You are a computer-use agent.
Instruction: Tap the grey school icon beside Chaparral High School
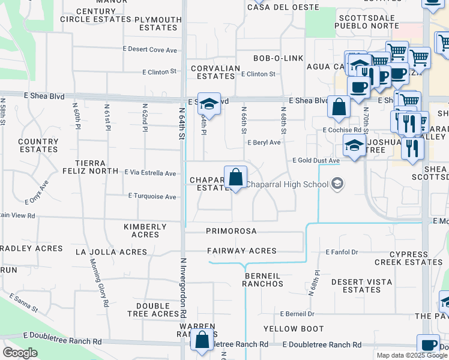coord(337,184)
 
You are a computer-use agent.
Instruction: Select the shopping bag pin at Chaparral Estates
coord(236,177)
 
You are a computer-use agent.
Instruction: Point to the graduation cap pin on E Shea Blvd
coord(209,104)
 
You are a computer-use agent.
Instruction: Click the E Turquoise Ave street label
coord(152,196)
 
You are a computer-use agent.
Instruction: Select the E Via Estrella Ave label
coord(150,173)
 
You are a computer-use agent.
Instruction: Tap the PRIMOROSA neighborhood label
coord(231,231)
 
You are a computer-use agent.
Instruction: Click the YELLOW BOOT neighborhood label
coord(294,329)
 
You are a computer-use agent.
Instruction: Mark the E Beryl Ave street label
coord(264,143)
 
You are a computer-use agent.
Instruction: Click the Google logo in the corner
coord(19,353)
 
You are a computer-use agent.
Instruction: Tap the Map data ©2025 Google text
coord(412,356)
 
